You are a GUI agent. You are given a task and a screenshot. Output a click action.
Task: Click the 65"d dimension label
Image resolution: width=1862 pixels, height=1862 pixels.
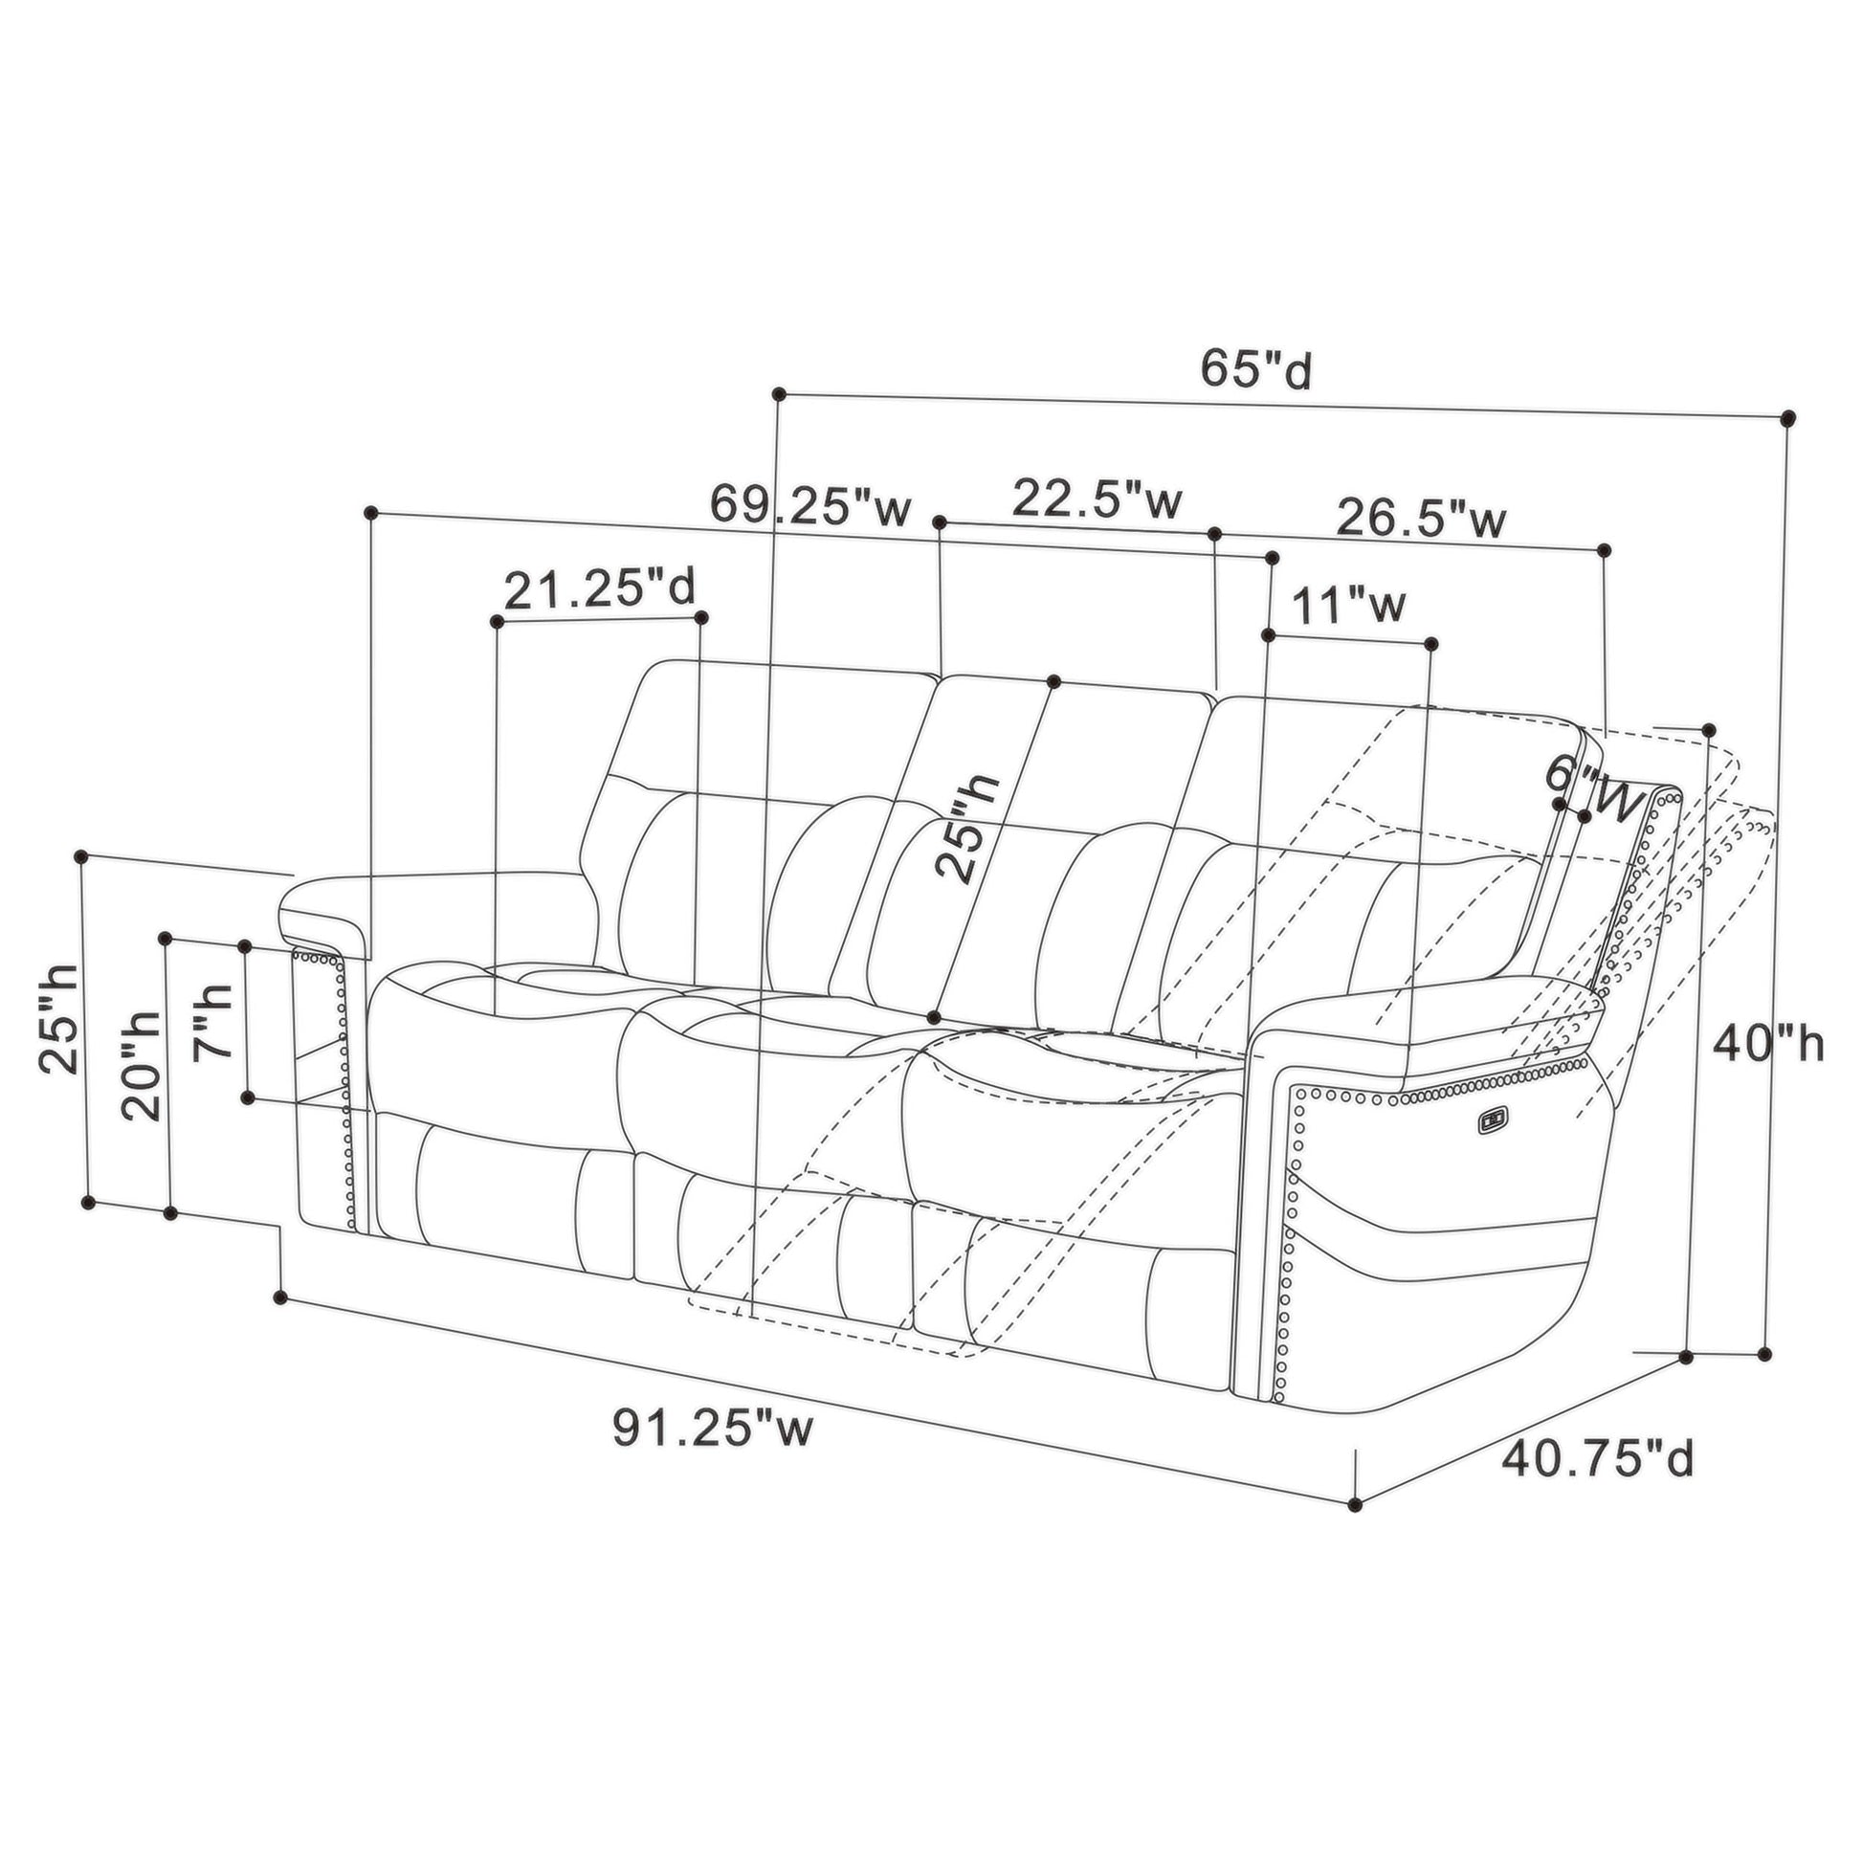pyautogui.click(x=1255, y=368)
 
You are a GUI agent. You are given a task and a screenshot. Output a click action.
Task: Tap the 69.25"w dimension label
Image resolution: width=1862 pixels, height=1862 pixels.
pyautogui.click(x=810, y=503)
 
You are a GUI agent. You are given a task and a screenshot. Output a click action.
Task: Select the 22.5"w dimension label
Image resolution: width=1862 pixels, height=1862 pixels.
pyautogui.click(x=1097, y=499)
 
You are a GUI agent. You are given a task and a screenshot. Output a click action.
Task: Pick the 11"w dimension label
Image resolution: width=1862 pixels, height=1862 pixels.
pyautogui.click(x=1348, y=606)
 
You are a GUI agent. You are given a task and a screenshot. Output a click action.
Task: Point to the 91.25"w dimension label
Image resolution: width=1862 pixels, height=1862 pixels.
pyautogui.click(x=713, y=1428)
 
